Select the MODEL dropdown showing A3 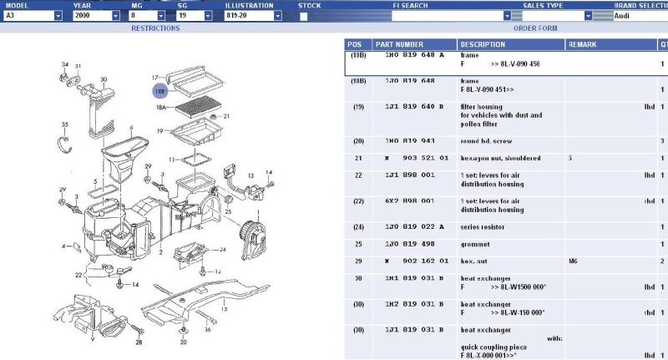(x=32, y=16)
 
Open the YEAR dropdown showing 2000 (x=91, y=16)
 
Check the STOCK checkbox (x=303, y=16)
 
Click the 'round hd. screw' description (x=488, y=141)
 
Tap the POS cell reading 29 (x=358, y=261)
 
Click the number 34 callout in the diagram (x=65, y=64)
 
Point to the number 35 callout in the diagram (x=64, y=125)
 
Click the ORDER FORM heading (x=535, y=28)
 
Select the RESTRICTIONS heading (x=155, y=28)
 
